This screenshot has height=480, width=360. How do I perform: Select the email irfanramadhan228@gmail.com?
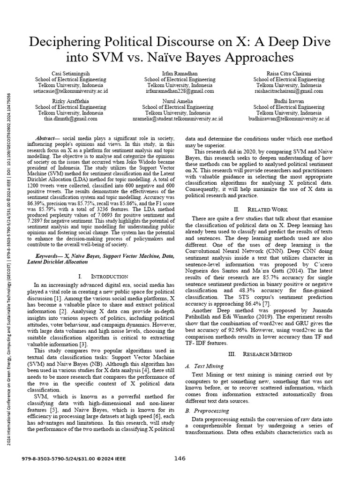[x=179, y=91]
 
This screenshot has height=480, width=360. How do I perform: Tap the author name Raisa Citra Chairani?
[x=289, y=73]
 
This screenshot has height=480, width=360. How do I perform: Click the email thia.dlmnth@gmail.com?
[x=70, y=119]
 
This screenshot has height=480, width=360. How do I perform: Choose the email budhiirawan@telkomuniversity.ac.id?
[x=289, y=119]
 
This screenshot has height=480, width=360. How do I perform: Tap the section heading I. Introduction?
[x=104, y=277]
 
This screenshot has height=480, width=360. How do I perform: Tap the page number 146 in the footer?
[x=180, y=458]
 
